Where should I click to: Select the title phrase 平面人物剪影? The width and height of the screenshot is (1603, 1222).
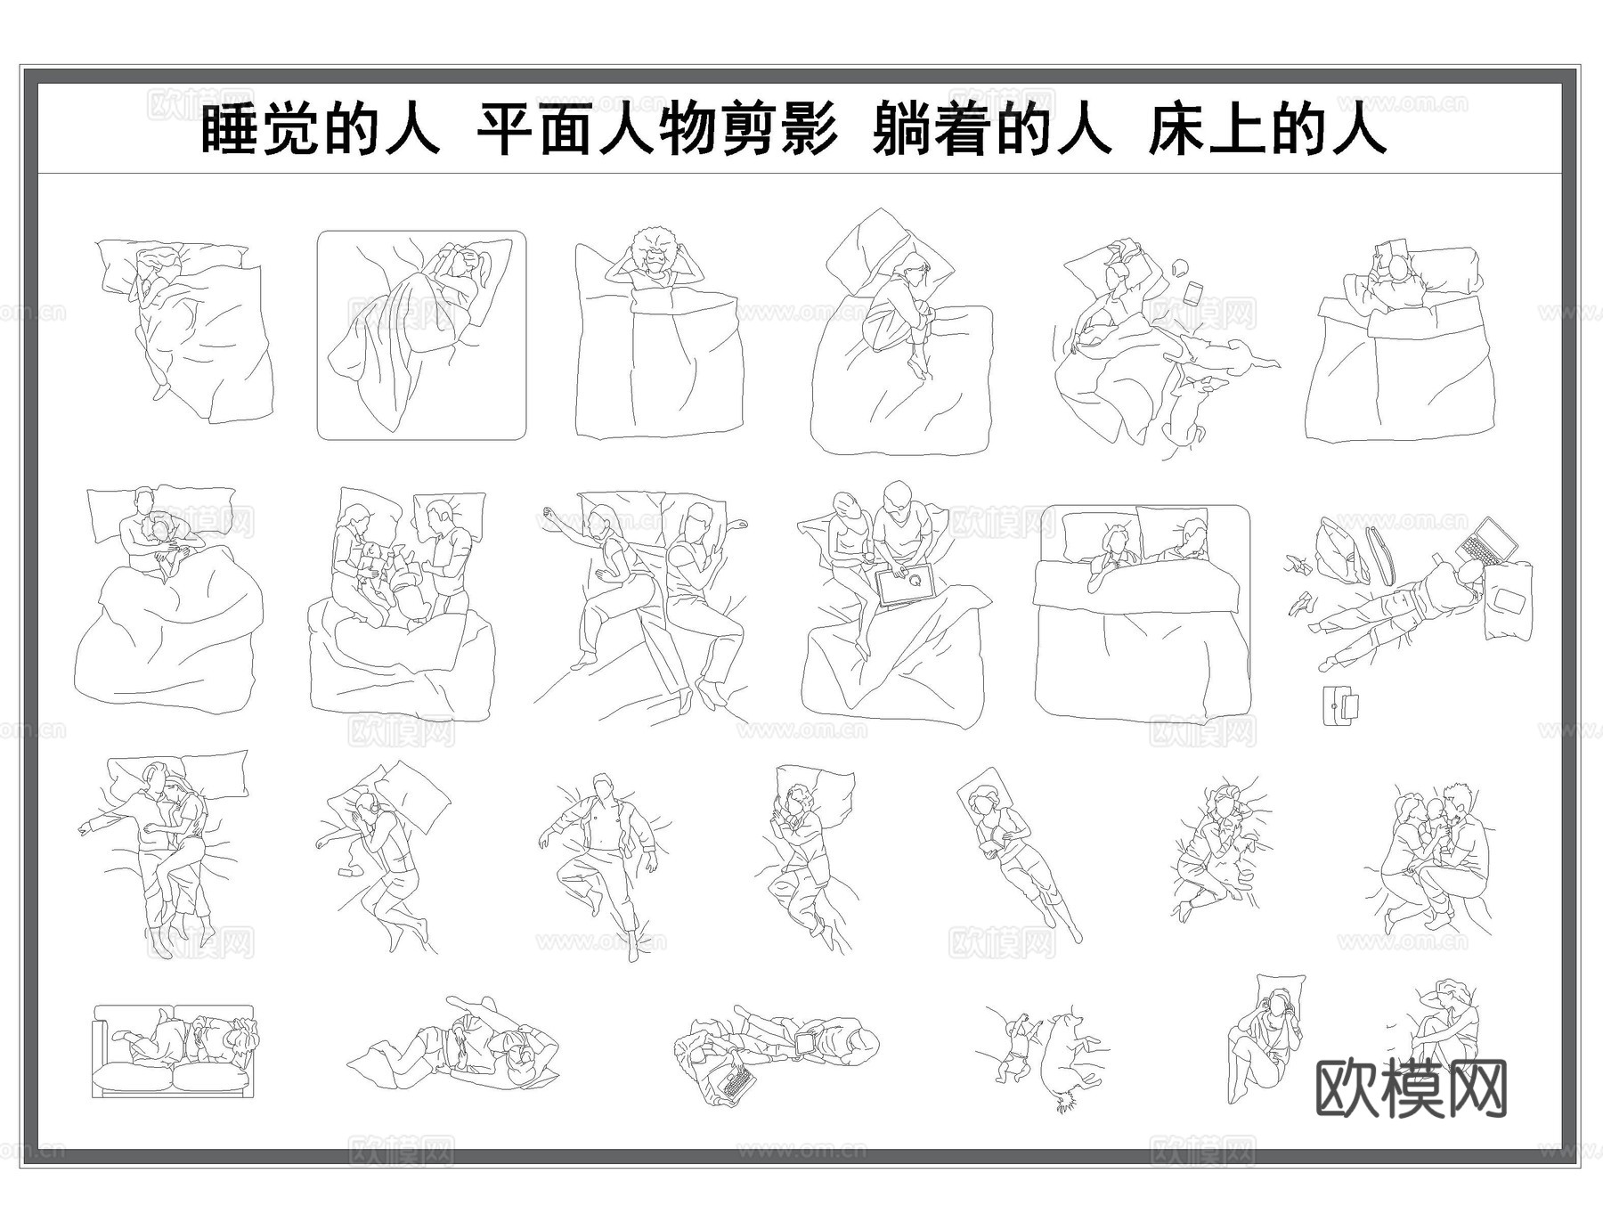[657, 130]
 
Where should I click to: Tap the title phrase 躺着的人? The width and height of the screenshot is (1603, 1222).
[992, 130]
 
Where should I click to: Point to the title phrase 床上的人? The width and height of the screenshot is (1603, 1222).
[1267, 130]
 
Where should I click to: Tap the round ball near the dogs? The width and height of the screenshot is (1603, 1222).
[1180, 265]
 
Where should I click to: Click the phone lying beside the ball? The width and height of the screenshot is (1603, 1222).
[1194, 292]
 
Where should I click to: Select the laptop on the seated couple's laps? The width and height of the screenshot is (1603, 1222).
[905, 585]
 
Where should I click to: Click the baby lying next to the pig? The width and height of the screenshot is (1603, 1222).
[1013, 1050]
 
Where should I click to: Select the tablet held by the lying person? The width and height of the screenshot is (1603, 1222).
[808, 1041]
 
